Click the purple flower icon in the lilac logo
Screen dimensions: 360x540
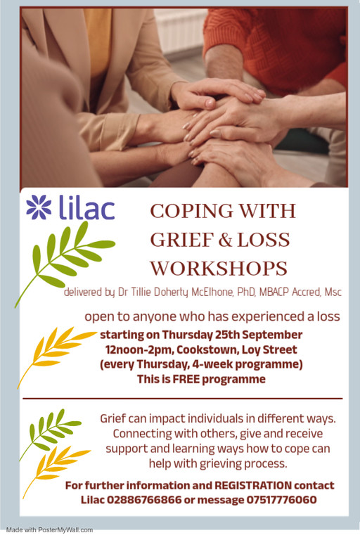(39, 207)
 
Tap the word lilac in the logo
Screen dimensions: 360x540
(86, 207)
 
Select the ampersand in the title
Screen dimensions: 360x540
(225, 240)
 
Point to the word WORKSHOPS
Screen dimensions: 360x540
(219, 269)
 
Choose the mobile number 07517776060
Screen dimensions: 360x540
(281, 500)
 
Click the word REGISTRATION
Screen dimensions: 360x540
(253, 486)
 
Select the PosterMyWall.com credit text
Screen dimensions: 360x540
(49, 530)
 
